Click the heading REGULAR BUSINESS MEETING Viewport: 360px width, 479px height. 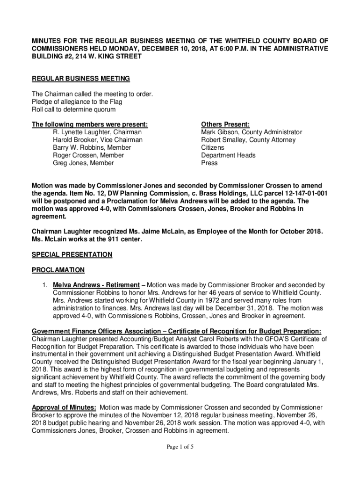point(80,78)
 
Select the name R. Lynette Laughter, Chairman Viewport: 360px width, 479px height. point(97,132)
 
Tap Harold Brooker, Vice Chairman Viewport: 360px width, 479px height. point(98,140)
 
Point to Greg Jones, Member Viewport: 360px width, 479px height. point(83,163)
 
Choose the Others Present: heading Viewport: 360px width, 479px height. point(225,124)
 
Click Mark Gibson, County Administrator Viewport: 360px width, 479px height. point(252,132)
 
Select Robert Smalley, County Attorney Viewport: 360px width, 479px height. point(248,140)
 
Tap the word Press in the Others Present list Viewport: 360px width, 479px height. point(209,163)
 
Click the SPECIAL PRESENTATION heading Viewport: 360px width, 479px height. point(72,254)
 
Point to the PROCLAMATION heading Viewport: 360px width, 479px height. point(58,270)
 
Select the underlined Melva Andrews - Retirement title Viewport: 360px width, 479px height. point(96,285)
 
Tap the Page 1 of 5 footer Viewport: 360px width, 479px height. point(180,447)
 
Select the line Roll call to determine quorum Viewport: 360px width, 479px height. point(73,109)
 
